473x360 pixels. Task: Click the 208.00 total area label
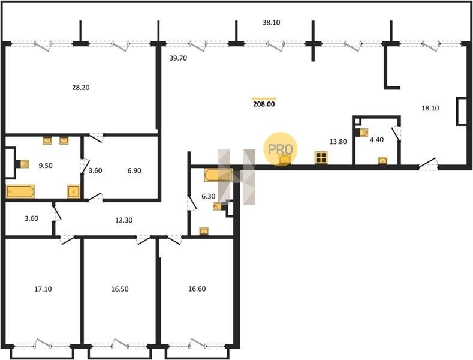pyautogui.click(x=264, y=104)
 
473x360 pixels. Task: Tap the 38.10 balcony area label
pyautogui.click(x=271, y=22)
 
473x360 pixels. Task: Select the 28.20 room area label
pyautogui.click(x=81, y=88)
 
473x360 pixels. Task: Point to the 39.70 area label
pyautogui.click(x=178, y=58)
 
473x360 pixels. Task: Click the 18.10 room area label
pyautogui.click(x=430, y=108)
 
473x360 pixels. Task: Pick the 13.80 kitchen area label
pyautogui.click(x=338, y=142)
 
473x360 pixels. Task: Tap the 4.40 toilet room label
pyautogui.click(x=376, y=140)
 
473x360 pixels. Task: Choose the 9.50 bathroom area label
pyautogui.click(x=45, y=166)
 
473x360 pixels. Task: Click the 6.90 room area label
pyautogui.click(x=134, y=170)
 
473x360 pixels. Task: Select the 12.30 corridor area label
pyautogui.click(x=123, y=220)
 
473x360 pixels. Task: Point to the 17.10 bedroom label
pyautogui.click(x=43, y=289)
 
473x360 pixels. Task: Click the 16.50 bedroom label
pyautogui.click(x=120, y=289)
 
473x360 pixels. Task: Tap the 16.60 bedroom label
pyautogui.click(x=197, y=289)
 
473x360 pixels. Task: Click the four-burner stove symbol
pyautogui.click(x=321, y=158)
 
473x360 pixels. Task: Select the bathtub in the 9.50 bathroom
pyautogui.click(x=20, y=191)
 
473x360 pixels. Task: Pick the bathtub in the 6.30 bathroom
pyautogui.click(x=218, y=175)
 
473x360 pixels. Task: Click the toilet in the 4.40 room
pyautogui.click(x=362, y=133)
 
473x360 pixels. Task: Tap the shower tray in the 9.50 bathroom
pyautogui.click(x=74, y=191)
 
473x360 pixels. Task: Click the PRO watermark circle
pyautogui.click(x=280, y=149)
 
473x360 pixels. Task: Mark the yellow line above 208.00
pyautogui.click(x=264, y=98)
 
